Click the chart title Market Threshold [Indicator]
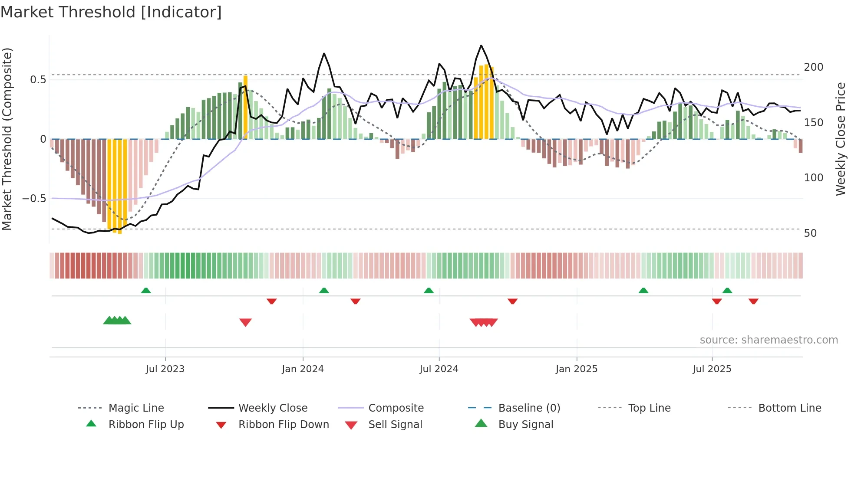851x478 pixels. click(111, 12)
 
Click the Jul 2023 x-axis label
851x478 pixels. click(165, 369)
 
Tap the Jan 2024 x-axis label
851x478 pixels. click(303, 369)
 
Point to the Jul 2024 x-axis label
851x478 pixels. click(439, 369)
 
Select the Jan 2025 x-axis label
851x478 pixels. click(576, 369)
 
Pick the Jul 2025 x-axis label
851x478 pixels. click(712, 369)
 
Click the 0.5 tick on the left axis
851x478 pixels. click(38, 80)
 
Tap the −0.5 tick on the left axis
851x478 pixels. click(34, 199)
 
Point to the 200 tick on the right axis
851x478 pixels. click(813, 67)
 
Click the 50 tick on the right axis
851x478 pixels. click(810, 233)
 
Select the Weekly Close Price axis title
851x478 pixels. click(841, 139)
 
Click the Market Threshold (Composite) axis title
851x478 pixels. click(7, 139)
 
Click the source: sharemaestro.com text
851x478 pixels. click(769, 340)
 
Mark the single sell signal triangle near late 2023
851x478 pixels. click(245, 322)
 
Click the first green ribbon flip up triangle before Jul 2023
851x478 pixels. click(146, 290)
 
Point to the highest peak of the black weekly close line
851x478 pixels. click(481, 46)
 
